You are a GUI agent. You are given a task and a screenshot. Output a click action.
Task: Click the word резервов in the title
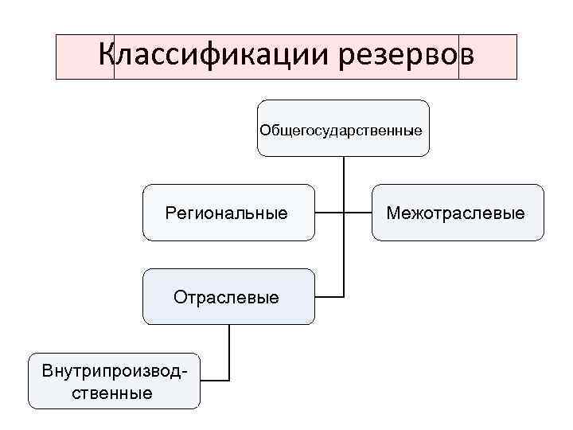coord(406,56)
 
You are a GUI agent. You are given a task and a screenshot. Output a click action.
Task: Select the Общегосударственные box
coord(343,127)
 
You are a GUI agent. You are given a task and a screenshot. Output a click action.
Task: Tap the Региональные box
coord(228,213)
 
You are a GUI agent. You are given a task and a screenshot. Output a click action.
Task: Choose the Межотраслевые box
coord(458,213)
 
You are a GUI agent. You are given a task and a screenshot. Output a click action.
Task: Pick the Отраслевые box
coord(228,297)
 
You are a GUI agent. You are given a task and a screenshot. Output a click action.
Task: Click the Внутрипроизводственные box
coord(114,381)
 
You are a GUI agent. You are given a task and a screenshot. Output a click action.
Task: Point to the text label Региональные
coord(227,213)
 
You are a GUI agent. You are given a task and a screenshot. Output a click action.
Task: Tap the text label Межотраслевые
coord(456,213)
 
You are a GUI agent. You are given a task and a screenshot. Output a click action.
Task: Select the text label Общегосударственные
coord(341,128)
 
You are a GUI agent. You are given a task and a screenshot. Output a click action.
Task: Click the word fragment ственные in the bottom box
coord(113,393)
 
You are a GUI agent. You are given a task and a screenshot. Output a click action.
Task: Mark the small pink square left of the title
coord(85,57)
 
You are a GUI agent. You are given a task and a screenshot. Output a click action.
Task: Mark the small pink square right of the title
coord(488,57)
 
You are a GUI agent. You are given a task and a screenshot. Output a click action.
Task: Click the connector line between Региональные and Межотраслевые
coord(344,213)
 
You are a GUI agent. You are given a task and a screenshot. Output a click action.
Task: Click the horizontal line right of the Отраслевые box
coord(329,297)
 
